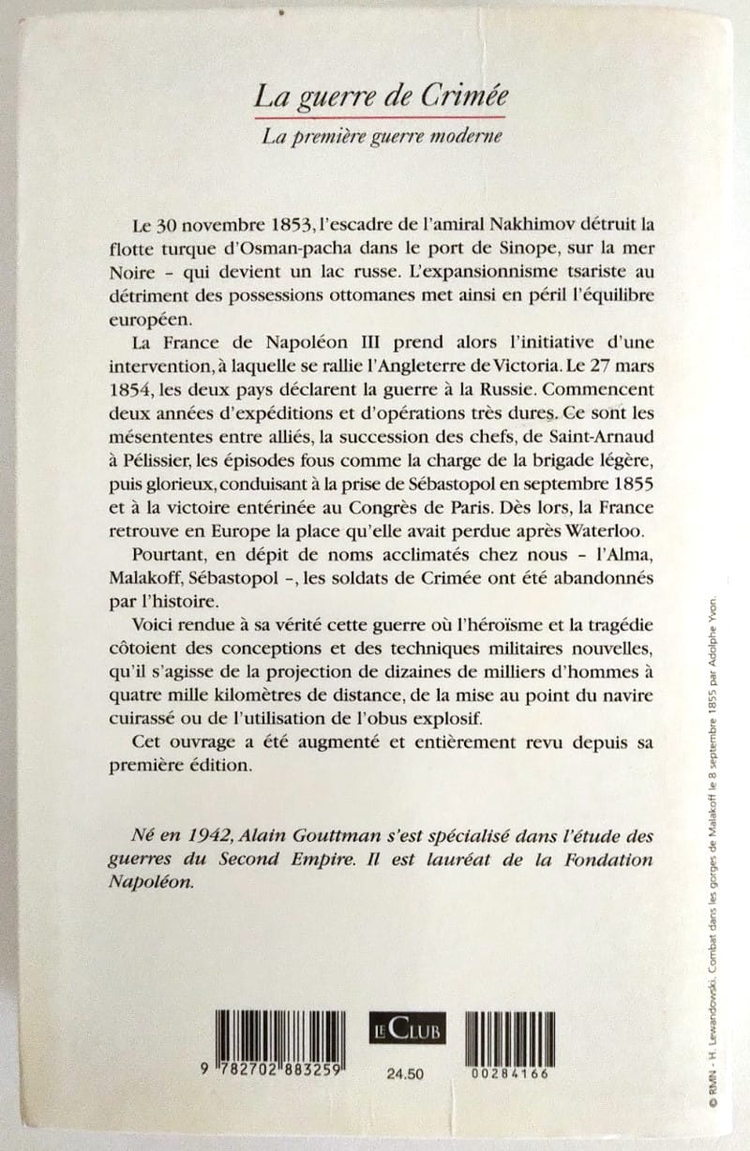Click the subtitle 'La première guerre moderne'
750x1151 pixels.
pos(382,136)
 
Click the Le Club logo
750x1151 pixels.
pos(405,1031)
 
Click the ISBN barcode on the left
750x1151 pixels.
pos(277,1038)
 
